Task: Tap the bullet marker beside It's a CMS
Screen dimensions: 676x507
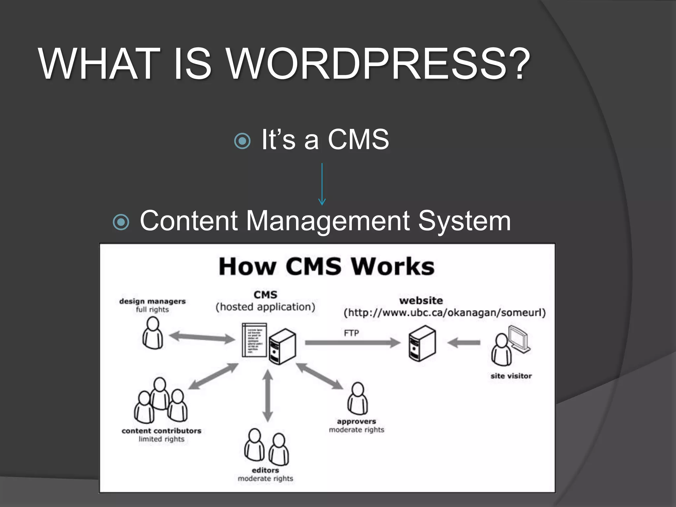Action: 242,141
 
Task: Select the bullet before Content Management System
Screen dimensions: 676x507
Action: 121,222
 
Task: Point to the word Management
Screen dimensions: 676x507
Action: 328,220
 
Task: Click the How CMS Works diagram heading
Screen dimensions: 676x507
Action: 326,266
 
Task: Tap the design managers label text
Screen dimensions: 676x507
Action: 152,301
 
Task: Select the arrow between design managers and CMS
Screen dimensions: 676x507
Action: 202,337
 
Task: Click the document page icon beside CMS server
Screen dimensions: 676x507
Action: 254,340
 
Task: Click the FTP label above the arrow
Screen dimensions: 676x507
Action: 351,333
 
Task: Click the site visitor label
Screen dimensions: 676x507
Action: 511,376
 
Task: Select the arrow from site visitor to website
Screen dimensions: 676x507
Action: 464,343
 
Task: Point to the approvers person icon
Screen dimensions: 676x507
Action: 357,398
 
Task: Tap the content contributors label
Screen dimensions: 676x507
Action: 161,431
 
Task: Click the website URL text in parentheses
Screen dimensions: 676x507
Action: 445,313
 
